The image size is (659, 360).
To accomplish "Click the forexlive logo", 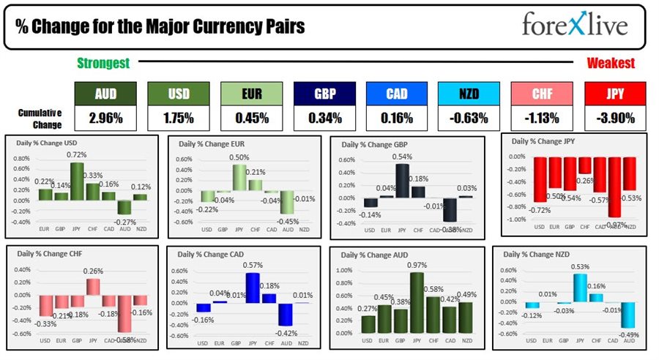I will (x=574, y=26).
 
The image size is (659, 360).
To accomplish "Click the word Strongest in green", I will (x=103, y=64).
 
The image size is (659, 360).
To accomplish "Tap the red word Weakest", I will (x=611, y=64).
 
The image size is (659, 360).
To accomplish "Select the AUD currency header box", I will (x=105, y=94).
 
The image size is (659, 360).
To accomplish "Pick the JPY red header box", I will (x=615, y=94).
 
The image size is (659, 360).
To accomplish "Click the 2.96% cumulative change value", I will (x=105, y=118).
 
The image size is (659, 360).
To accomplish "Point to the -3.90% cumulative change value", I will (x=615, y=118).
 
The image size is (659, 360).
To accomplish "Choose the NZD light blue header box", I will (x=469, y=94).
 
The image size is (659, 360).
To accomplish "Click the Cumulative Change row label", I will (x=40, y=118).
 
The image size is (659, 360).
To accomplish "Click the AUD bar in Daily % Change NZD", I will (x=628, y=315).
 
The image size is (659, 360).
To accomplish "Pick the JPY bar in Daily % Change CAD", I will (x=253, y=288).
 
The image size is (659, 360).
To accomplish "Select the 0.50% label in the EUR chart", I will (x=239, y=157).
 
